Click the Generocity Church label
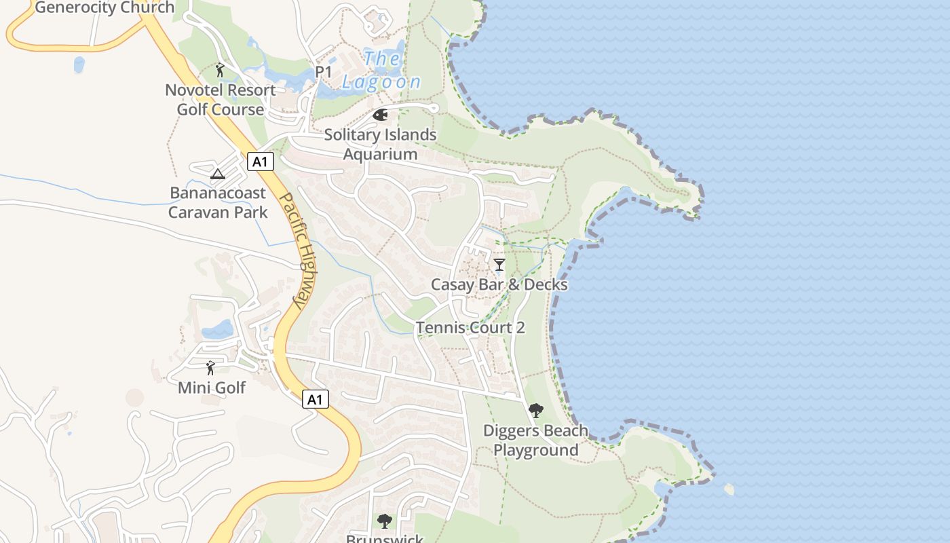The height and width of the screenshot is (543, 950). (104, 8)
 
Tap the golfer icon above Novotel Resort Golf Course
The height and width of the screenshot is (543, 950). (220, 70)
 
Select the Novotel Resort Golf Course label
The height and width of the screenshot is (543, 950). (221, 100)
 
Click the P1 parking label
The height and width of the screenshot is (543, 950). (324, 71)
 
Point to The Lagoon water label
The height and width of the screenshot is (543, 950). (381, 71)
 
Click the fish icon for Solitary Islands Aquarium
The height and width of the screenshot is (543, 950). (380, 115)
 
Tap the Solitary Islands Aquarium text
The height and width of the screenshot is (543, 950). (380, 144)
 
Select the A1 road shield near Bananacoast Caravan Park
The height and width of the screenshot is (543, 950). (261, 162)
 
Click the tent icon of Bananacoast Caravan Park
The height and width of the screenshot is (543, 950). (217, 174)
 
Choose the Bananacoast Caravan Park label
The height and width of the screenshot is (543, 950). (218, 202)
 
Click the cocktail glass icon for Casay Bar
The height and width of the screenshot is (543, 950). (499, 264)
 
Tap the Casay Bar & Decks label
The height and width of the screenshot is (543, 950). (499, 284)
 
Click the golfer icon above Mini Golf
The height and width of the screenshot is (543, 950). (210, 368)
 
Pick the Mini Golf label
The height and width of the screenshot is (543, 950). (212, 388)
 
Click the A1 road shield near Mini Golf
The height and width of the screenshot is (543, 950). (315, 399)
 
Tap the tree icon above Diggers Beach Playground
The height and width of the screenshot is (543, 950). (536, 411)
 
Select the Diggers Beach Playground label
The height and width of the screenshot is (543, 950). (535, 440)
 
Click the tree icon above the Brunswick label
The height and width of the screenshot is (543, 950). (385, 521)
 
